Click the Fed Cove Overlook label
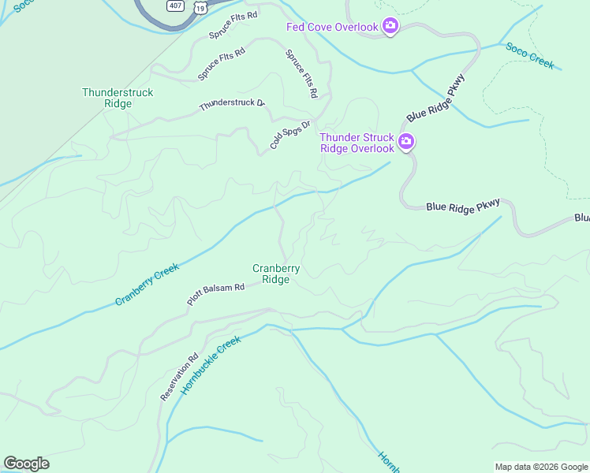[332, 28]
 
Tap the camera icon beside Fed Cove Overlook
[390, 28]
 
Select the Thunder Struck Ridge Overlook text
[357, 143]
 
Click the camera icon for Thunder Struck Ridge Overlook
[406, 143]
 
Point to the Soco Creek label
[530, 55]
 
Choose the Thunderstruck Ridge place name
[118, 98]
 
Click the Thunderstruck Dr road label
[231, 103]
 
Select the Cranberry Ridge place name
[275, 274]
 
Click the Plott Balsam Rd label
[215, 294]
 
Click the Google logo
[26, 464]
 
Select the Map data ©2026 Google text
[540, 467]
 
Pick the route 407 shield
[175, 5]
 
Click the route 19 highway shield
[201, 7]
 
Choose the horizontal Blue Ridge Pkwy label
[463, 206]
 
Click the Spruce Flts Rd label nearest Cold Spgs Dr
[302, 74]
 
